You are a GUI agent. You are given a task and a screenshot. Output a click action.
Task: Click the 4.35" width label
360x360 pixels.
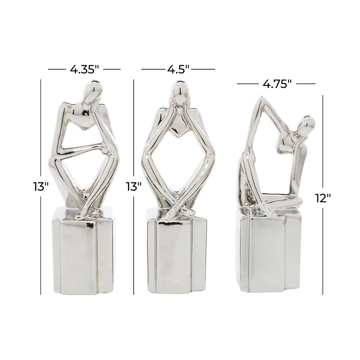tap(84, 69)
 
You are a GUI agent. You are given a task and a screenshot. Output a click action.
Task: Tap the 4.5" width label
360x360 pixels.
tap(178, 69)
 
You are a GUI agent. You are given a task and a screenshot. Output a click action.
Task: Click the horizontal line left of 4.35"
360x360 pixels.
tap(57, 69)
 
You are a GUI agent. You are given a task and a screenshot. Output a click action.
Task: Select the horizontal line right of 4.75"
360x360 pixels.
tap(306, 84)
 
